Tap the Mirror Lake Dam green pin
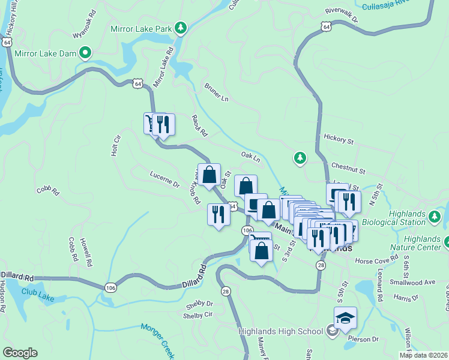(x=85, y=53)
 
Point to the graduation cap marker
(x=345, y=318)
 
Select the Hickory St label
(x=338, y=140)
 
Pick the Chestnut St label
(x=348, y=164)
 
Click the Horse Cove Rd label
(x=376, y=260)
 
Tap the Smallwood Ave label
(x=413, y=281)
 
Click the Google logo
(x=19, y=353)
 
